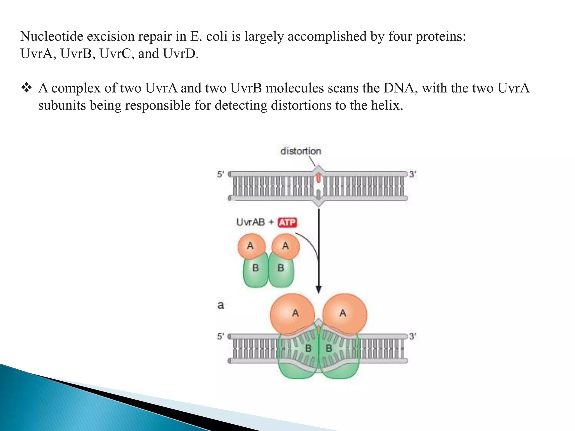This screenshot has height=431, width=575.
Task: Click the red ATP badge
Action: tap(287, 223)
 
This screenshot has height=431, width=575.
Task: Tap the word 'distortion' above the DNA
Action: tap(301, 151)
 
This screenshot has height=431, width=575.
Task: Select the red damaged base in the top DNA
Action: tap(318, 178)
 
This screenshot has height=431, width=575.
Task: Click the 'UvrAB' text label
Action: tap(250, 222)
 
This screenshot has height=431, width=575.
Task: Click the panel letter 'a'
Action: tap(221, 305)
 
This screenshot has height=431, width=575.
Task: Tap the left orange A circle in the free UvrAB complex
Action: tap(251, 246)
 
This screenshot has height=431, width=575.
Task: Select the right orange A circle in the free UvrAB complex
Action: tap(286, 246)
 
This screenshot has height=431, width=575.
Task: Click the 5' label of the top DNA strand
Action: tap(220, 175)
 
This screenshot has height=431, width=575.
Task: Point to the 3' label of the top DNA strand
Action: tap(412, 175)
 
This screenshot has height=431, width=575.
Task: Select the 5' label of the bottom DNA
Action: tap(220, 336)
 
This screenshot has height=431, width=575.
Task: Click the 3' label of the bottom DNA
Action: tap(412, 336)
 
